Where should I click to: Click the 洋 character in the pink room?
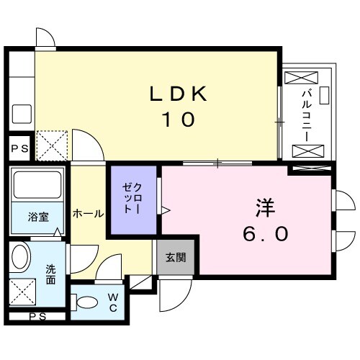[x=264, y=207]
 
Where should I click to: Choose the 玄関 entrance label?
[x=175, y=258]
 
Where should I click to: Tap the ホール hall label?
[x=88, y=214]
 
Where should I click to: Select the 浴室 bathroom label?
[x=37, y=216]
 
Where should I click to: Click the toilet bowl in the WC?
[x=88, y=302]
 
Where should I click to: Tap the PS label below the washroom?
[x=36, y=316]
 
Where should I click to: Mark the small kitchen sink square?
[x=21, y=112]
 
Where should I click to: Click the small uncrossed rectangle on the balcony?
[x=323, y=94]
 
